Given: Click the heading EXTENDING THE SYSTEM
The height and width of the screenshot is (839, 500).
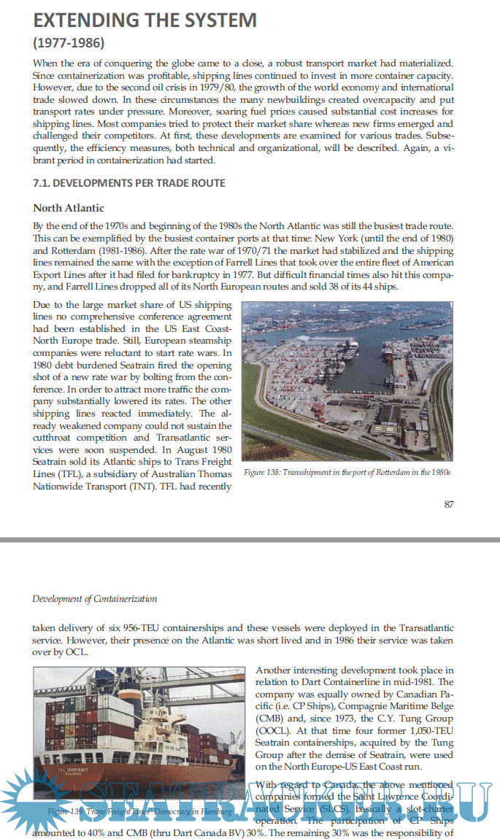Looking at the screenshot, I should pos(145,19).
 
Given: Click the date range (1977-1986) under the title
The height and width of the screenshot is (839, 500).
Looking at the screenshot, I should pos(69,42).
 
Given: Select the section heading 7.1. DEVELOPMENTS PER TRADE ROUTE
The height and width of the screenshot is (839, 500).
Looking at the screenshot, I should pos(128,182).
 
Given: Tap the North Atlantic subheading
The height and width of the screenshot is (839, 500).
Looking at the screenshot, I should pos(68,208).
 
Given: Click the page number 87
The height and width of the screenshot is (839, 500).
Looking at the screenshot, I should pos(449,504).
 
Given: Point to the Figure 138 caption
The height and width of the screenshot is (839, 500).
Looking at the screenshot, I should pos(347,473).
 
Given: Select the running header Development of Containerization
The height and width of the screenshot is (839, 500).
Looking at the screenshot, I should pos(94,599).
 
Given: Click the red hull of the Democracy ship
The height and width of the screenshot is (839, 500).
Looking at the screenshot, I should pos(109,781).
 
